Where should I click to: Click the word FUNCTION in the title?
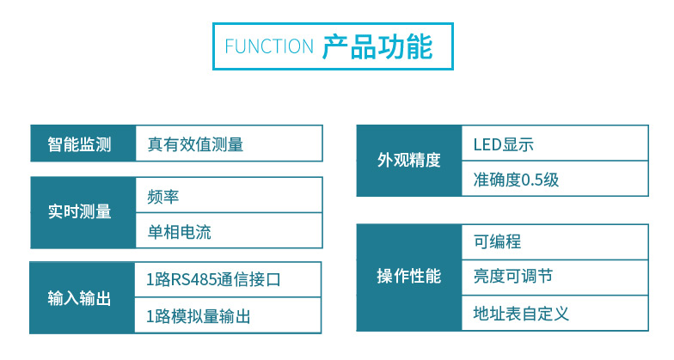pos(269,46)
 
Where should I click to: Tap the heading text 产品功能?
pos(377,46)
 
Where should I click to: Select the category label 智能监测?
pos(79,144)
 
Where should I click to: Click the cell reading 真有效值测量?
pos(196,144)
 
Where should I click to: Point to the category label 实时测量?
pos(79,211)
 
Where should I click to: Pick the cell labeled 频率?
pos(163,197)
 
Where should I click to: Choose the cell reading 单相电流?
pos(179,232)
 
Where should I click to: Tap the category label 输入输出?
pos(79,298)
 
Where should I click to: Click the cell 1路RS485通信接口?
pos(213,280)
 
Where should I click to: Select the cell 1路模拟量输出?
pos(199,316)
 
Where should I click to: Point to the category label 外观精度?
pos(409,160)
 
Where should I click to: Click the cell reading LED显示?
pos(504,144)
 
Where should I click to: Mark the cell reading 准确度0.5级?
pos(516,180)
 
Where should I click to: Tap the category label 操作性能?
pos(409,277)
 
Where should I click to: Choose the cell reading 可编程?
pos(497,241)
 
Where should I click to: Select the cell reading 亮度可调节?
pos(512,276)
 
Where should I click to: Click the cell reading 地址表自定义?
pos(521,314)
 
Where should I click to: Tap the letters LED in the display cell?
pos(487,145)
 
